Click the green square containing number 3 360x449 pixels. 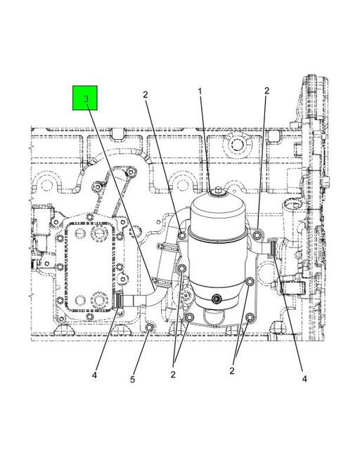85,98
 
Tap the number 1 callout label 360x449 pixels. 200,91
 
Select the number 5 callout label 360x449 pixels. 132,379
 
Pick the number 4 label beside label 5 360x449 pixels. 95,375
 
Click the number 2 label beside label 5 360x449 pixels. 173,375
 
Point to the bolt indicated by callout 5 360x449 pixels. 150,328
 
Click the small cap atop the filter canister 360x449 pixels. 219,191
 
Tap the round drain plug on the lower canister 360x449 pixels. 216,299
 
